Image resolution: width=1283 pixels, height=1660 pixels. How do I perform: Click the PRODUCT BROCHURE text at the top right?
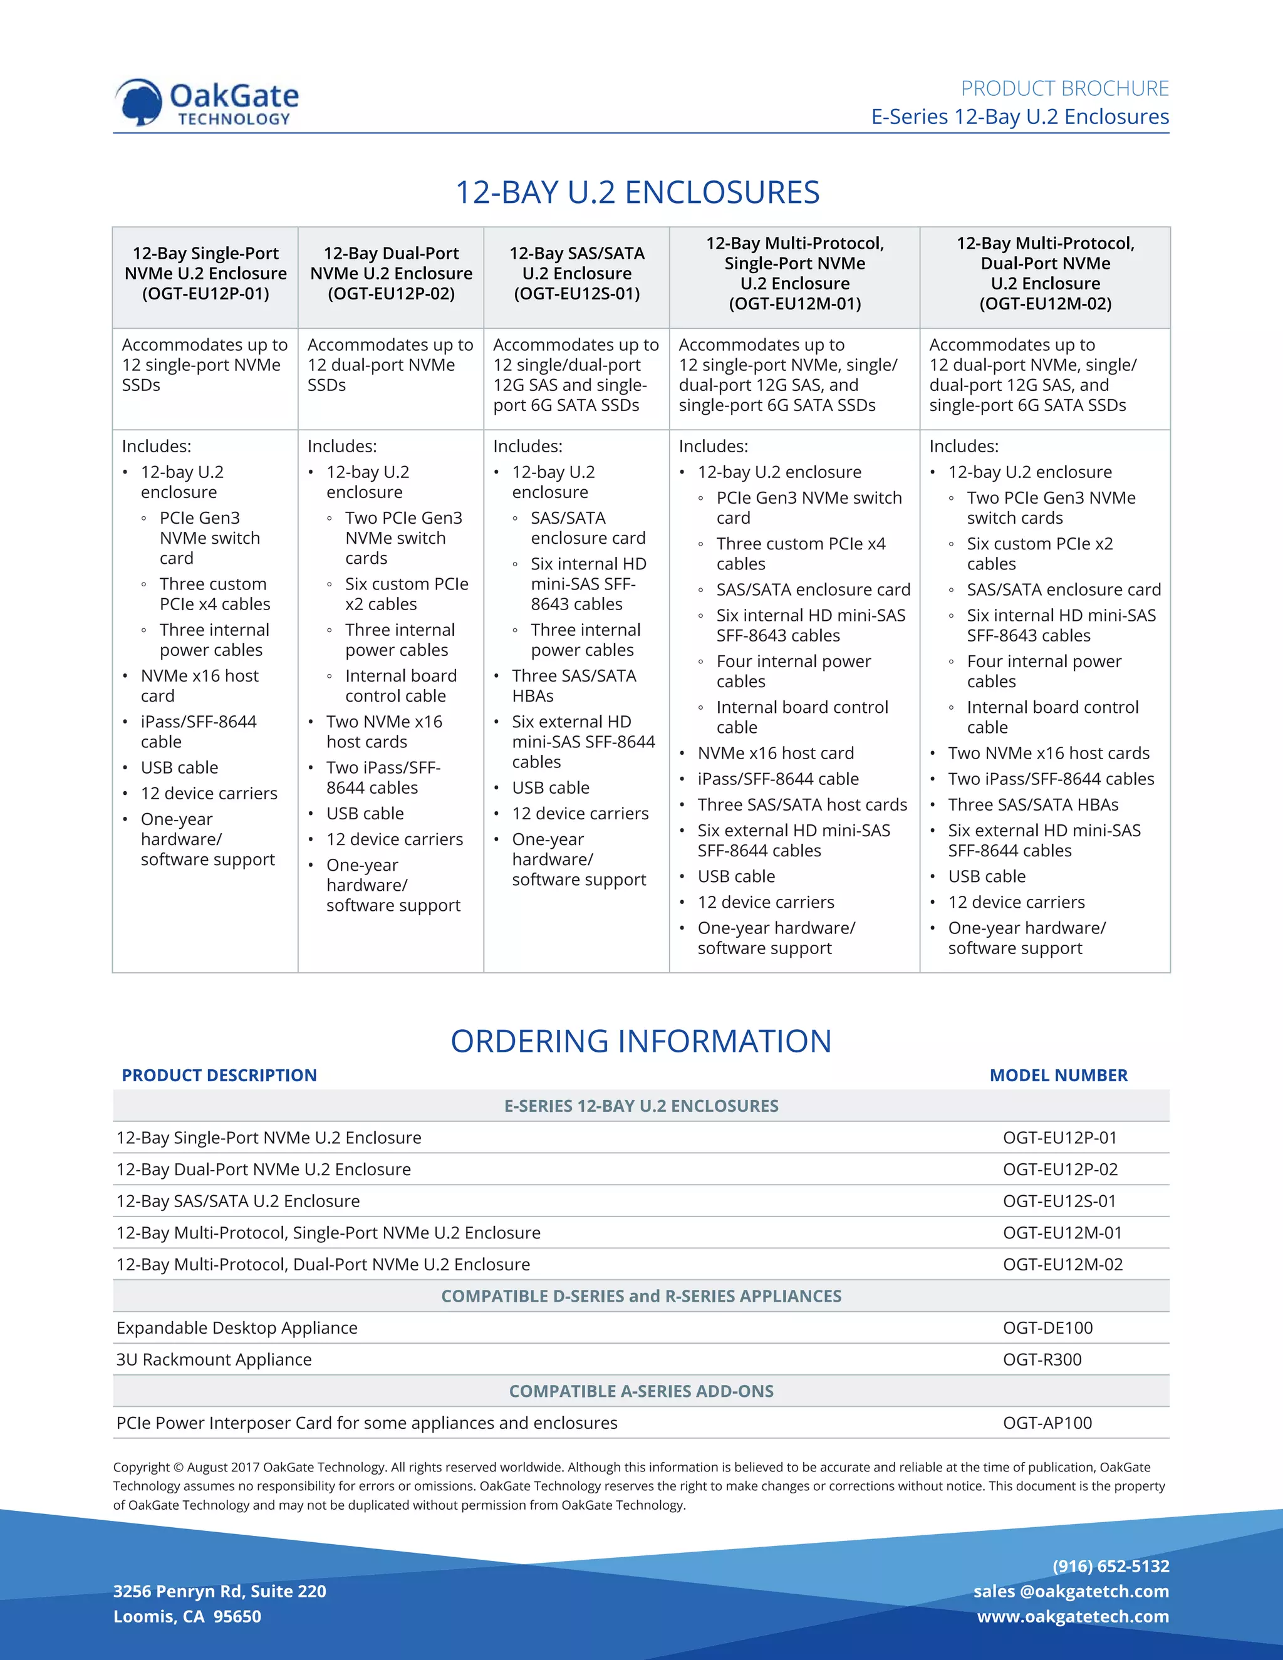(1064, 89)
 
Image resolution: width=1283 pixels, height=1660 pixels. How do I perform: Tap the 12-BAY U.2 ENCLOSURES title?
(637, 192)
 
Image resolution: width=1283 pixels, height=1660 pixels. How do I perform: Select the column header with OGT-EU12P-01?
(205, 274)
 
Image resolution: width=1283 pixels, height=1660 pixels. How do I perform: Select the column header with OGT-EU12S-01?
(576, 274)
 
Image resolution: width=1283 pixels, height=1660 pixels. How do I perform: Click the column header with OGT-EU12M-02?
(1044, 274)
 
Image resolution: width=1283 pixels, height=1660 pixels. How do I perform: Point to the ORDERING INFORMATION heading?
(641, 1041)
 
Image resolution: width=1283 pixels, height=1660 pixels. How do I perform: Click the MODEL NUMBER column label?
(1058, 1076)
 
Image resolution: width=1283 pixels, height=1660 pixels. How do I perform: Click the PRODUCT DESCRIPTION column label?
(219, 1076)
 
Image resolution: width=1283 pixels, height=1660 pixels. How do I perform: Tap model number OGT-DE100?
(1047, 1328)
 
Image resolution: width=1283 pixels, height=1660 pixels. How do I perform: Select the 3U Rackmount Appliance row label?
(214, 1360)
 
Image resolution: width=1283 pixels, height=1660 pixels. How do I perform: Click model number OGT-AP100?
(1047, 1423)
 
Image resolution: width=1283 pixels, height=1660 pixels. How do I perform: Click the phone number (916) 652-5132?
(1111, 1566)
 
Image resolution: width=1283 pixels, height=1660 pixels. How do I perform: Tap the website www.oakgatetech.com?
(1073, 1616)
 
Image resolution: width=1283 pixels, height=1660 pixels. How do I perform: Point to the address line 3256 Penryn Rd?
(219, 1591)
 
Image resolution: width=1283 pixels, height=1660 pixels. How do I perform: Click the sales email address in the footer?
(1071, 1591)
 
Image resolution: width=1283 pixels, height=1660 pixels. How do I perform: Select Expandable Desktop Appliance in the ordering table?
(236, 1328)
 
